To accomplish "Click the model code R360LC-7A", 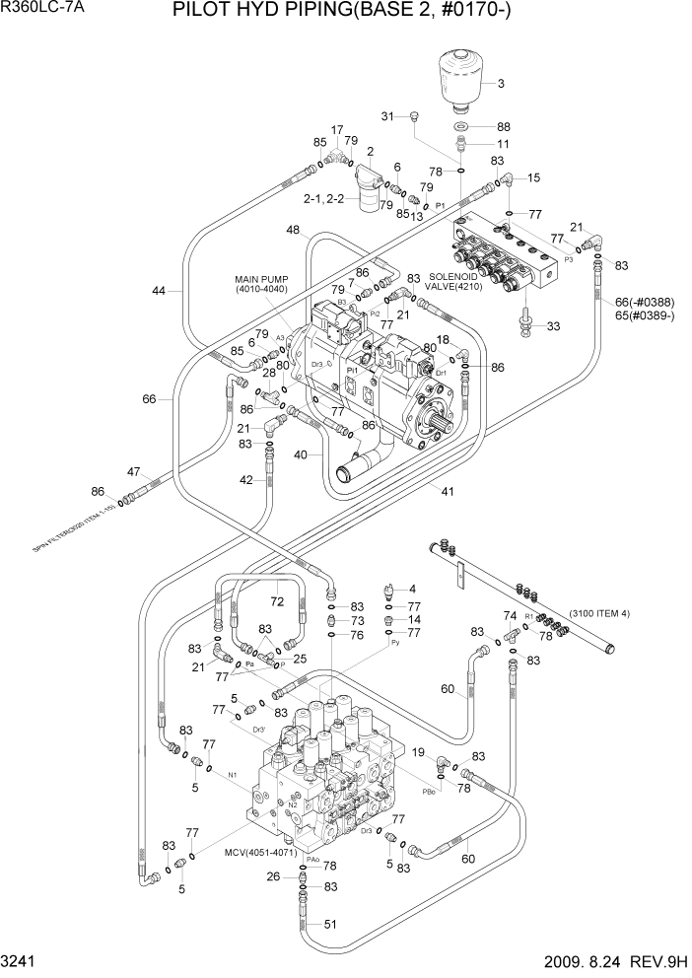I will click(43, 9).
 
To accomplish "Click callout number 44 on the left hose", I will click(161, 291).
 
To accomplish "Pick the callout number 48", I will click(294, 230).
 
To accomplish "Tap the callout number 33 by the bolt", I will click(553, 326).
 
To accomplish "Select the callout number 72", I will click(277, 600).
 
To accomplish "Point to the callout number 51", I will click(330, 924).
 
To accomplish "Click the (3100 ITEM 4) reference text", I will click(599, 613).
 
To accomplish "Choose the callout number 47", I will click(134, 471).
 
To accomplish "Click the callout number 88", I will click(504, 126).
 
